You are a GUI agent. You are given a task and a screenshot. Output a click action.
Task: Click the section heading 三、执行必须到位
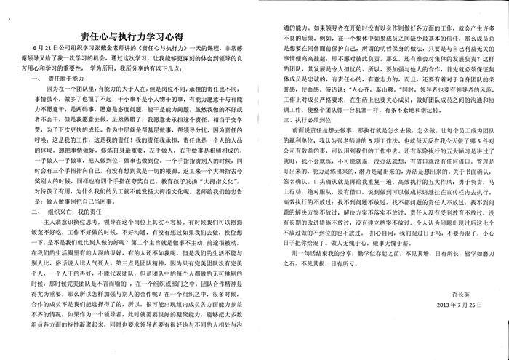[298, 123]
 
